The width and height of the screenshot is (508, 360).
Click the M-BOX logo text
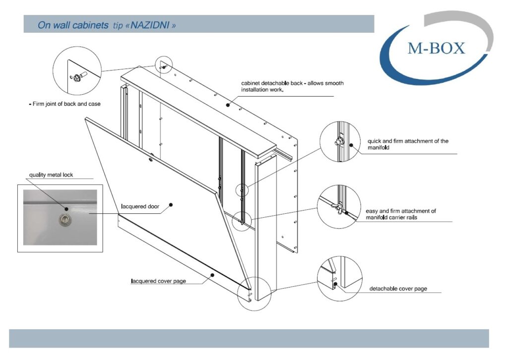[x=436, y=48]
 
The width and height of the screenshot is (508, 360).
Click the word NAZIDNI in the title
[x=150, y=25]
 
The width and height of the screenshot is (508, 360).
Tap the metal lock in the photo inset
[x=65, y=220]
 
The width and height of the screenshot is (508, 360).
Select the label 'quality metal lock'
[x=51, y=175]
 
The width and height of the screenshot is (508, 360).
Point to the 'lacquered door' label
[x=140, y=207]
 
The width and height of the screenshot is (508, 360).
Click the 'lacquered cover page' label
[x=158, y=281]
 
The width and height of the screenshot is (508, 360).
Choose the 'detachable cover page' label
[x=398, y=289]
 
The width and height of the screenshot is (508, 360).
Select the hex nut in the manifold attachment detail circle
[x=339, y=141]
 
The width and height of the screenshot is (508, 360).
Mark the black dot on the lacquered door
[x=171, y=205]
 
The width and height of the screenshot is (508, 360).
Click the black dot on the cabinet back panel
[x=228, y=105]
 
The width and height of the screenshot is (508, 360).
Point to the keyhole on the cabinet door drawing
[x=151, y=159]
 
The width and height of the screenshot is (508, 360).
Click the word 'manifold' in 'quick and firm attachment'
[x=379, y=148]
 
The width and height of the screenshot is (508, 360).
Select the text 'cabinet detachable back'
[x=272, y=83]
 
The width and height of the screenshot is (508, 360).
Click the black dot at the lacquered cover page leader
[x=212, y=275]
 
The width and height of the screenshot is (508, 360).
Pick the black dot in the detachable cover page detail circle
[x=336, y=284]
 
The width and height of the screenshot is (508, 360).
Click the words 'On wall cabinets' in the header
[x=73, y=25]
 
